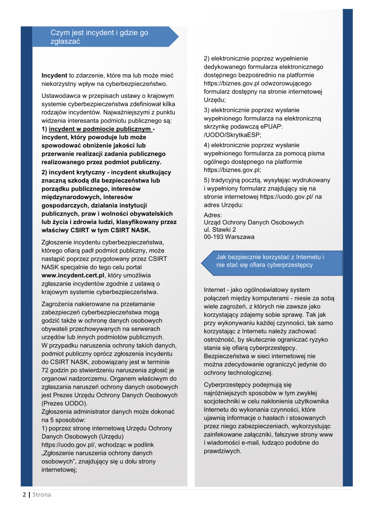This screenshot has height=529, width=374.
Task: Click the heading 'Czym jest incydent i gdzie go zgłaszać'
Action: pos(99,37)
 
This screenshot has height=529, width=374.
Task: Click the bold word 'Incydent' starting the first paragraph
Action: pos(54,75)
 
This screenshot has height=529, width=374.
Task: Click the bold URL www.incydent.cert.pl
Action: pos(73,275)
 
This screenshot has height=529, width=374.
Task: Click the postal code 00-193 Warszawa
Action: pos(229,237)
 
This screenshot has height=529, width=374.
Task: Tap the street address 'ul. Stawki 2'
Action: pos(220,230)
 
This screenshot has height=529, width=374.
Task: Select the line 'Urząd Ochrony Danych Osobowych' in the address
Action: pos(254,223)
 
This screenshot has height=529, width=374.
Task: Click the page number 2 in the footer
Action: pos(24,495)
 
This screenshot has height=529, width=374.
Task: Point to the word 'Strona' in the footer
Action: pos(42,495)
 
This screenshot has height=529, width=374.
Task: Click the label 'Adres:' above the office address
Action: pos(213,215)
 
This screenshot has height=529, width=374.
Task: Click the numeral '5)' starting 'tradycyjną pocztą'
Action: pos(207,180)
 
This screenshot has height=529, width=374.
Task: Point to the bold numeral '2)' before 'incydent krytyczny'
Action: pos(45,172)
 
